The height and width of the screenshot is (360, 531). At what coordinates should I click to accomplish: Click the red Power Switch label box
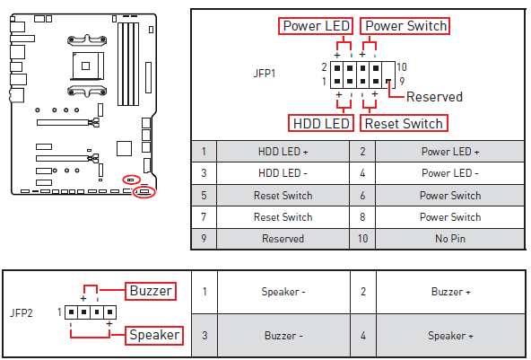click(405, 26)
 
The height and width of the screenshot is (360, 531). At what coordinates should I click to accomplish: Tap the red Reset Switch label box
click(404, 123)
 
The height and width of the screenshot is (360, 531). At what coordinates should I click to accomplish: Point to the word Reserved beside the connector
click(434, 97)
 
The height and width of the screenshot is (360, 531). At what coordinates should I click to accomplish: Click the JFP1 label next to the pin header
click(265, 73)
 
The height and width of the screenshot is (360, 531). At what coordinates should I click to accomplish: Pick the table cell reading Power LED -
click(449, 173)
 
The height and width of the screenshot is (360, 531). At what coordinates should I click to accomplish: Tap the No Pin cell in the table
click(449, 239)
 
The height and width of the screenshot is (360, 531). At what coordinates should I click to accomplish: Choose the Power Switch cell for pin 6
click(449, 195)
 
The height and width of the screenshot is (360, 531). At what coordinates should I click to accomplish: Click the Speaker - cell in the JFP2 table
click(283, 292)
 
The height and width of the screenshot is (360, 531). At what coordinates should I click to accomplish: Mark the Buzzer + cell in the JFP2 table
click(449, 292)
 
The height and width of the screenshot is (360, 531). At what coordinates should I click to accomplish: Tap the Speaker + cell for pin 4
click(449, 335)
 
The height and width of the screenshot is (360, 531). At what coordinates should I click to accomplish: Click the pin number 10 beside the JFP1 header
click(402, 67)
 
